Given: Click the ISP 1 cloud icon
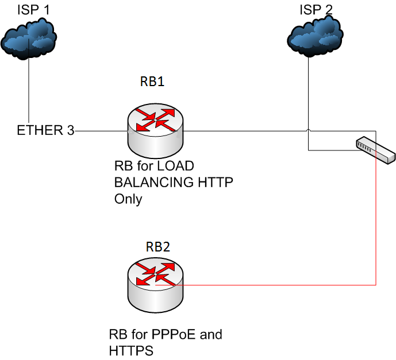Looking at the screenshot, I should click(x=29, y=40).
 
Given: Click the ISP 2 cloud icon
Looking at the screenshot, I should click(x=315, y=38).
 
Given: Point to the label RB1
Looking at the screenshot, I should click(x=152, y=82).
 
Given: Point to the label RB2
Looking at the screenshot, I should click(x=157, y=247).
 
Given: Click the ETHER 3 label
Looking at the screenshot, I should click(x=45, y=131).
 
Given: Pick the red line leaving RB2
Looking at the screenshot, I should click(x=276, y=284).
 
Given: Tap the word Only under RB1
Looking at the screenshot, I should click(x=128, y=199).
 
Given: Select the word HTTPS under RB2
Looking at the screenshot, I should click(x=130, y=350).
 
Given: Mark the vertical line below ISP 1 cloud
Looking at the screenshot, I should click(x=29, y=92).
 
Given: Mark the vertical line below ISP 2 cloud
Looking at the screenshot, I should click(x=308, y=98).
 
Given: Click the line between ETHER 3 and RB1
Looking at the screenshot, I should click(x=101, y=131).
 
